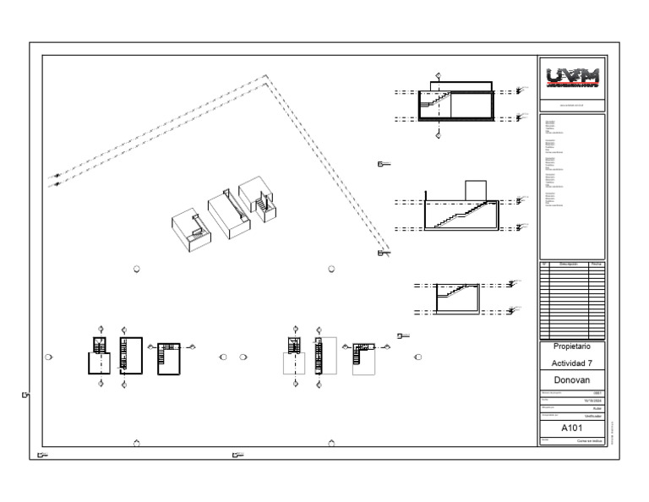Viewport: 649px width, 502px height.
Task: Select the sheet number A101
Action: (572, 428)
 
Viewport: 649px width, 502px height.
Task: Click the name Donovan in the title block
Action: (572, 379)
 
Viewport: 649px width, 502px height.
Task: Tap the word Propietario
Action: (572, 346)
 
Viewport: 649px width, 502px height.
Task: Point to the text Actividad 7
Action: (572, 363)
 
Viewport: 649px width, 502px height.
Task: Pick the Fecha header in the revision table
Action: (596, 265)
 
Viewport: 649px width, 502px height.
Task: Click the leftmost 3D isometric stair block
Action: (191, 228)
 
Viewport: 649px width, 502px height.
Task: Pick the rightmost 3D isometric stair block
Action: (259, 199)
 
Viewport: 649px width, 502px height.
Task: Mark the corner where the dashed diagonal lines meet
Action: (265, 79)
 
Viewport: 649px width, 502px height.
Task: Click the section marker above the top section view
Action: (437, 76)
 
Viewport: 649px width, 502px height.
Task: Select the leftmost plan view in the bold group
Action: (100, 355)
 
